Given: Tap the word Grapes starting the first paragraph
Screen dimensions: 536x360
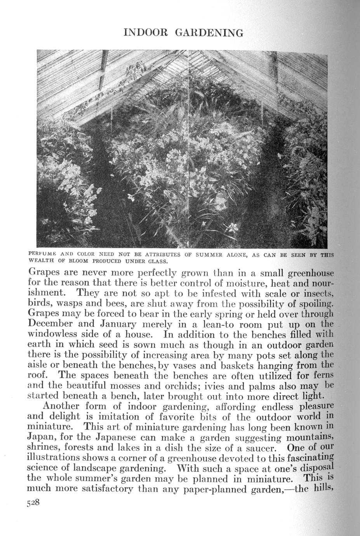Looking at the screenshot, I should click(45, 272).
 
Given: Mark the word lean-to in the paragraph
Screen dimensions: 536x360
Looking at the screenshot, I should click(212, 324).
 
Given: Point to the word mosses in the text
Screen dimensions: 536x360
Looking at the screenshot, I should click(146, 386).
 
